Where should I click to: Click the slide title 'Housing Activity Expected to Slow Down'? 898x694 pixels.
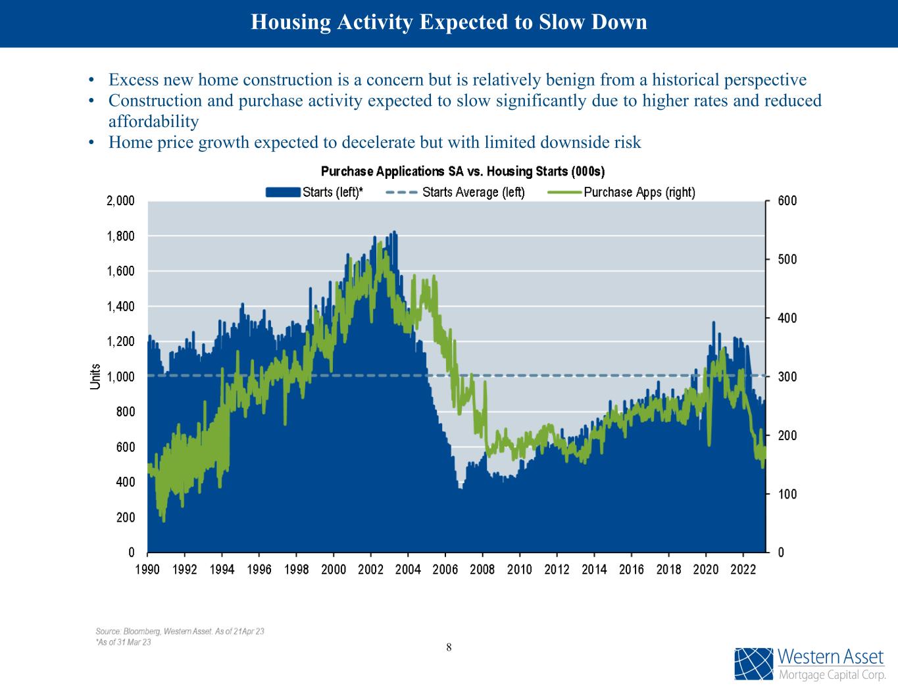449,22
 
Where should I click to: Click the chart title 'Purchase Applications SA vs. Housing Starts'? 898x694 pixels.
462,172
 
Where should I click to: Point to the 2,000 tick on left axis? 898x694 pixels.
121,201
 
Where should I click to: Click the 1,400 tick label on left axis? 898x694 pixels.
121,307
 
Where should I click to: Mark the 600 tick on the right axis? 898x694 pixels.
787,201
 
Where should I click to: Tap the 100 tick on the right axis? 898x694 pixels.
787,494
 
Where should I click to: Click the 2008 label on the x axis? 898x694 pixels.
482,570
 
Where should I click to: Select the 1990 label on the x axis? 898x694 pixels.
147,570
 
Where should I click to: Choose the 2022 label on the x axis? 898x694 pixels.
743,570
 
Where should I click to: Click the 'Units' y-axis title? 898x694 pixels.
95,376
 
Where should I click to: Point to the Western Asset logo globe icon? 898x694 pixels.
754,664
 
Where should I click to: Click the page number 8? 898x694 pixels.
449,647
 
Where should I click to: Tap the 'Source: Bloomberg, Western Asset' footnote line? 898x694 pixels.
180,632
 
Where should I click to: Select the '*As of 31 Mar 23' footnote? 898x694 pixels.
123,642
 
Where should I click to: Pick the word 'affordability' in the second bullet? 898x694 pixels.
153,122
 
